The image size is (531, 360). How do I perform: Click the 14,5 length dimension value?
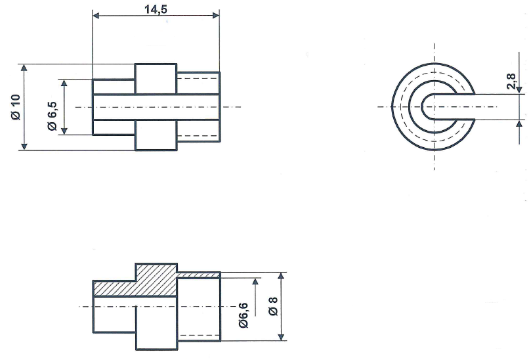pos(155,8)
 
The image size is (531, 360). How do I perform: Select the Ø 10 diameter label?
pos(16,106)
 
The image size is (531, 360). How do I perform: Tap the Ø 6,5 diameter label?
pos(53,107)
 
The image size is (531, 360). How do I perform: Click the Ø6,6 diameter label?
pos(244,315)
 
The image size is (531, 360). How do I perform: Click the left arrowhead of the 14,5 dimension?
pos(96,16)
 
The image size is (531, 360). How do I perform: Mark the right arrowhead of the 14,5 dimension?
pos(216,16)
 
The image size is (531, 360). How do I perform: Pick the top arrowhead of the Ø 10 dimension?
pos(24,68)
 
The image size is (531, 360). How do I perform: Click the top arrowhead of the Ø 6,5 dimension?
pos(64,83)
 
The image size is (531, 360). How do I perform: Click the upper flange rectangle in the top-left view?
pos(156,78)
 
